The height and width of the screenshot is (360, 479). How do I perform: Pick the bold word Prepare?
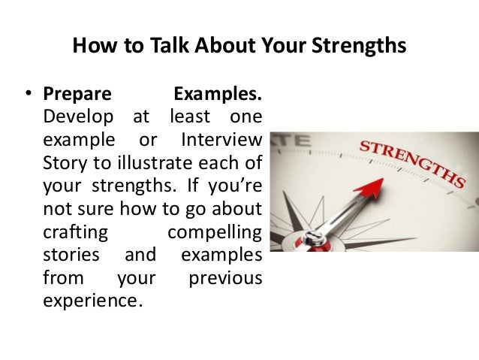click(77, 96)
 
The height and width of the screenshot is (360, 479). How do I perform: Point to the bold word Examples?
click(218, 96)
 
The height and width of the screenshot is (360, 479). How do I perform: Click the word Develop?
click(73, 118)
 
